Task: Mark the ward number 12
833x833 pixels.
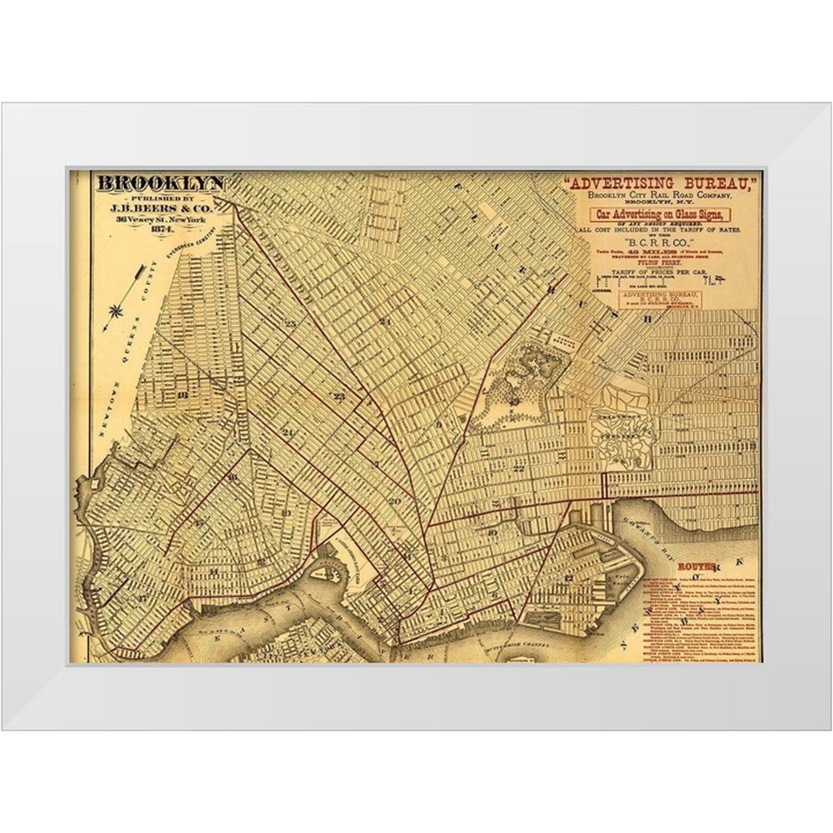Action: (568, 577)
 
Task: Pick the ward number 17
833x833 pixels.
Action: (143, 598)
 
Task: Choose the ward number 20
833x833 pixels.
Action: (395, 501)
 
